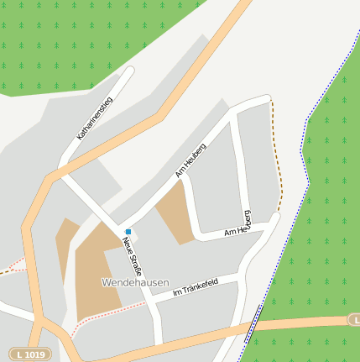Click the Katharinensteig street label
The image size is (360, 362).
[95, 118]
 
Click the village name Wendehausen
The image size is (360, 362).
[135, 282]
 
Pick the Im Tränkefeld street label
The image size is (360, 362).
[195, 287]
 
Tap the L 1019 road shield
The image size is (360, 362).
[29, 354]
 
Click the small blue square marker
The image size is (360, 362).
[128, 232]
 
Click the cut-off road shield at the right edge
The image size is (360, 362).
[355, 320]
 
